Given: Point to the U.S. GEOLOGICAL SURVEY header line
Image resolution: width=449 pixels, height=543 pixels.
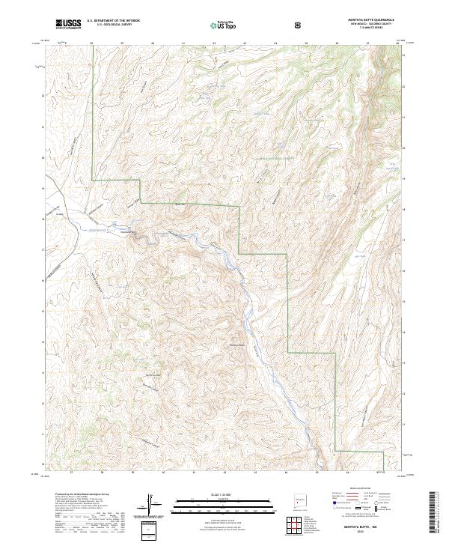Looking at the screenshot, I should pos(113,25).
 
